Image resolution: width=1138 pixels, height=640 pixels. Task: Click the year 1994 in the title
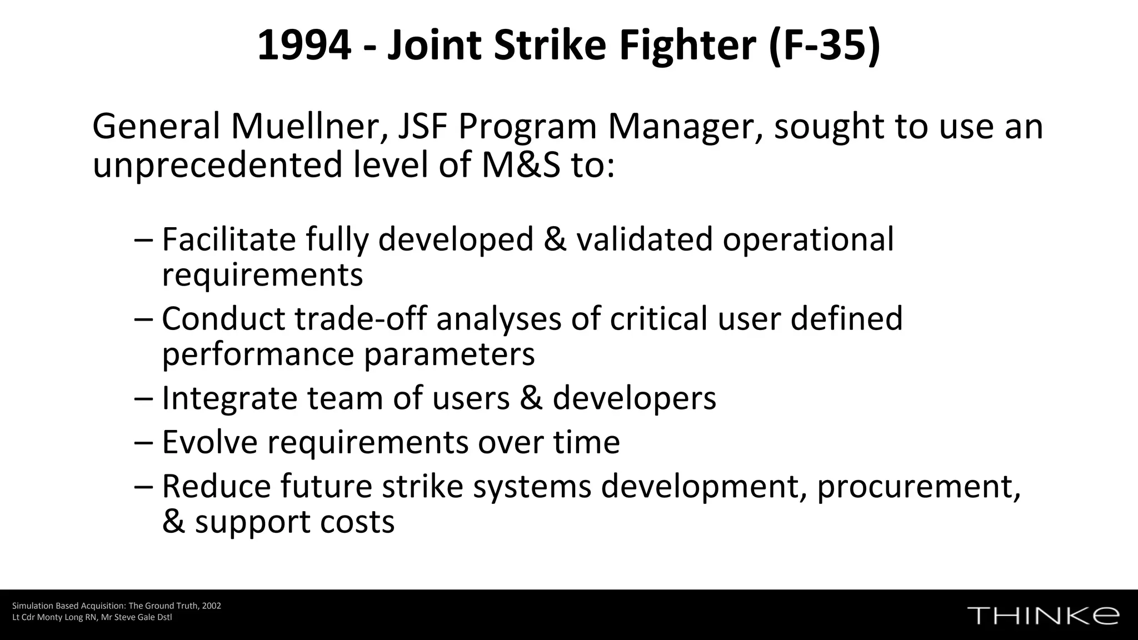click(304, 46)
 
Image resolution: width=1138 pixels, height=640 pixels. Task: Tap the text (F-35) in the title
click(825, 46)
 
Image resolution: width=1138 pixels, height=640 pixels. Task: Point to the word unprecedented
click(217, 165)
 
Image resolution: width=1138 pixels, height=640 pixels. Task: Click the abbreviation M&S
click(521, 165)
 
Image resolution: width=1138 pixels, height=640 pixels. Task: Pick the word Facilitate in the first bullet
click(229, 239)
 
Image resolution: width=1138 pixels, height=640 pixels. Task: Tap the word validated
click(644, 239)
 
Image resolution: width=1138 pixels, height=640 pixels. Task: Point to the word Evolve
click(209, 442)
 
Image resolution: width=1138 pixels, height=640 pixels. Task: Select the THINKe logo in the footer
click(1043, 616)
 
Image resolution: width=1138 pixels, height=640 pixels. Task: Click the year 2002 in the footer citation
click(212, 606)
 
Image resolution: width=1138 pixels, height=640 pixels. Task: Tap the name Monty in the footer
click(49, 617)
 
